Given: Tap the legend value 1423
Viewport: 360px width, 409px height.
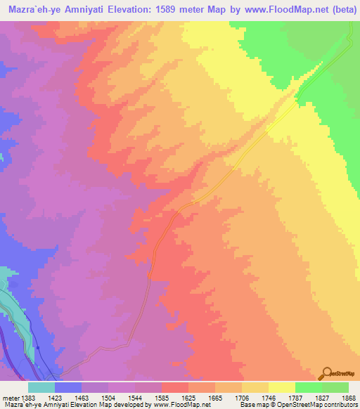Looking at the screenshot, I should point(55,396).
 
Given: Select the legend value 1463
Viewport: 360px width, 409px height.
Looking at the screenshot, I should point(82,396).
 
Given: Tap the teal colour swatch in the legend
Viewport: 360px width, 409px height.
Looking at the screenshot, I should point(41,387).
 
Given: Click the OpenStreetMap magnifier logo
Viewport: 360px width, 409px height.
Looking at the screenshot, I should point(326,373).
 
